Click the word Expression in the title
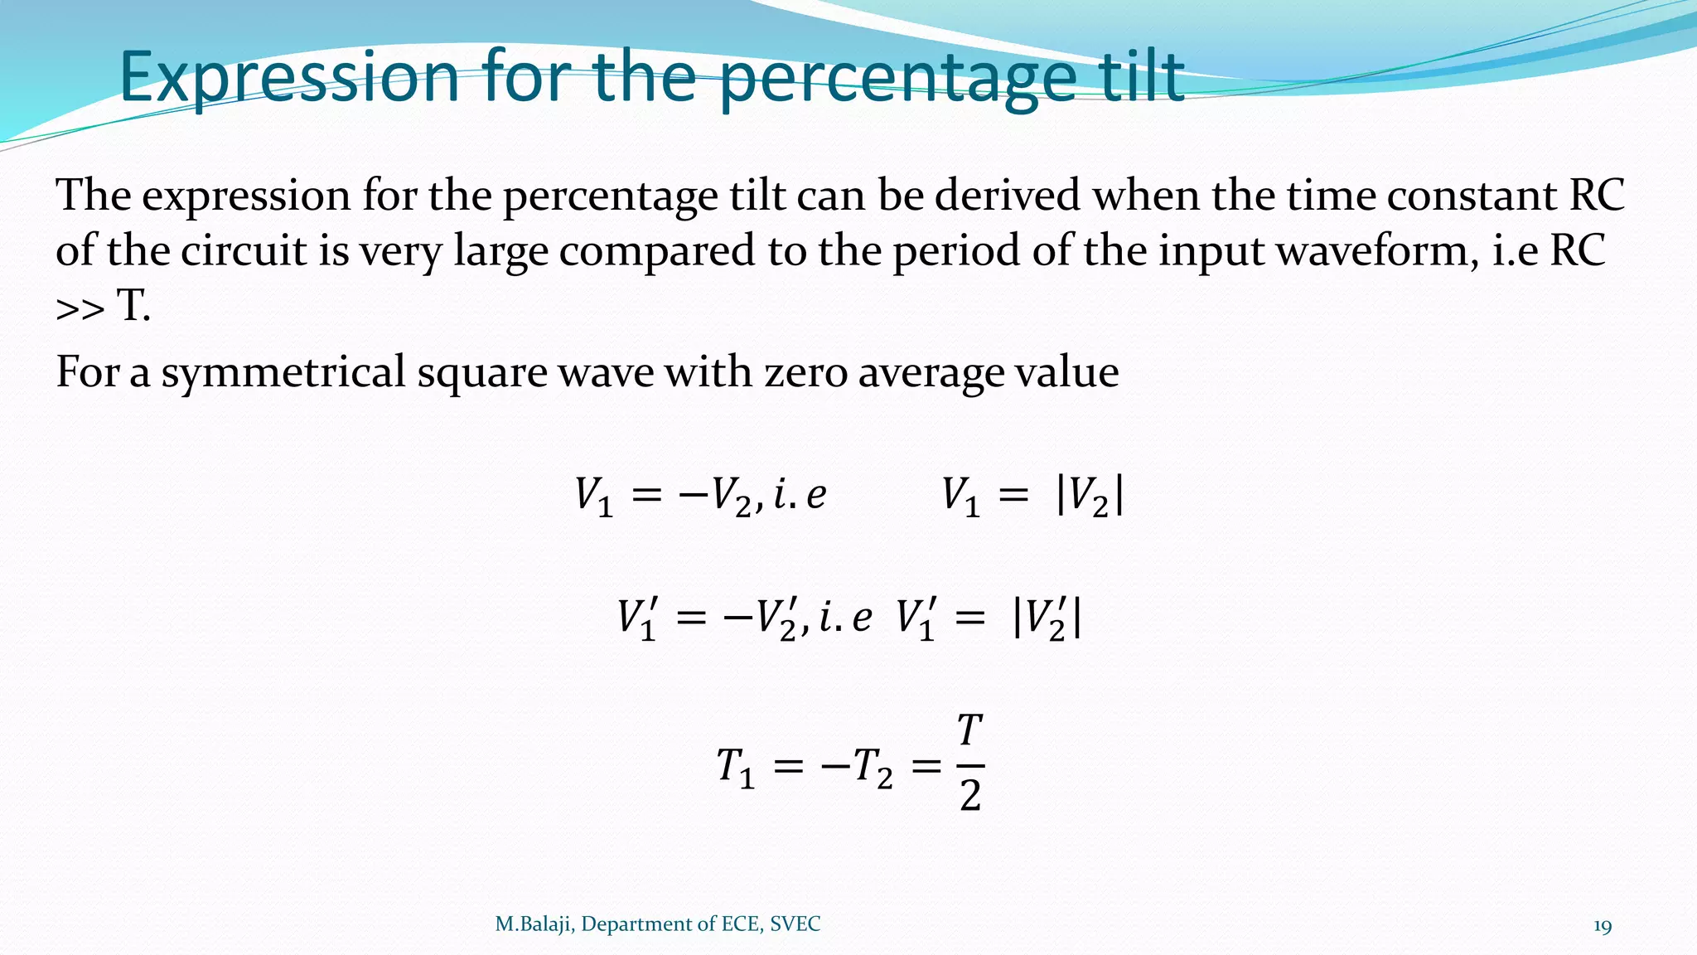pos(289,77)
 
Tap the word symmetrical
pos(283,372)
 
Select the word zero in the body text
pos(805,372)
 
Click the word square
pos(481,372)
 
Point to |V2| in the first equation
pos(1090,497)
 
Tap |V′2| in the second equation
pos(1047,619)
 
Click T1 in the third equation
pos(736,767)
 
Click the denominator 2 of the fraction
pos(970,796)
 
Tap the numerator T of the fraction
pos(970,731)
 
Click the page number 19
pos(1603,926)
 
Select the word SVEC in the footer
pos(795,924)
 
